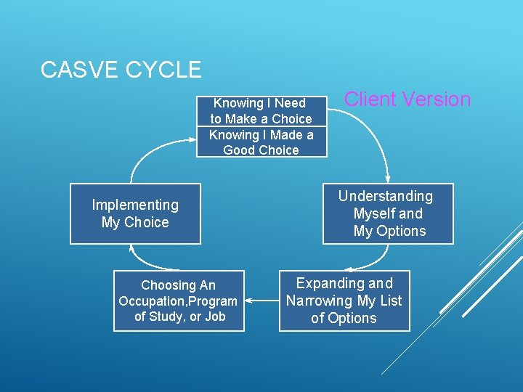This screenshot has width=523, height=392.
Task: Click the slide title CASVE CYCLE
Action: click(121, 70)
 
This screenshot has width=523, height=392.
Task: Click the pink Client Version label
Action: click(407, 99)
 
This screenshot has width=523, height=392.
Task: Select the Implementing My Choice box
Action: click(135, 214)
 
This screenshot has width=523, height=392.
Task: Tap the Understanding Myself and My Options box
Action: click(389, 213)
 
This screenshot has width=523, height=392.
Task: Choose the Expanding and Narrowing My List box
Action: click(344, 301)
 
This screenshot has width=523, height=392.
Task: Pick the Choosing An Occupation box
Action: click(179, 301)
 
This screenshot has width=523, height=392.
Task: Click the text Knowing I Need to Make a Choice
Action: click(261, 111)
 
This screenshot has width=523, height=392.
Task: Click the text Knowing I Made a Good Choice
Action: click(261, 142)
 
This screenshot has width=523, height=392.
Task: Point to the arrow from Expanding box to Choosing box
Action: click(261, 299)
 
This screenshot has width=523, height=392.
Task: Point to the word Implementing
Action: click(135, 205)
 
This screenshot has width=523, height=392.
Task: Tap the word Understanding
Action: click(385, 196)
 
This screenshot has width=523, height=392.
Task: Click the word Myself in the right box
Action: click(374, 213)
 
